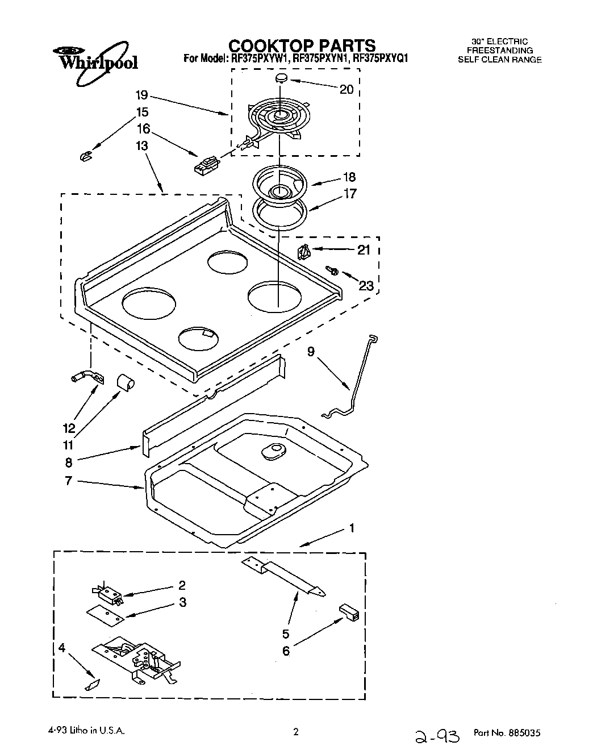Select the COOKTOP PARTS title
(x=302, y=45)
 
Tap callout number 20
(x=346, y=89)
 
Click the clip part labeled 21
(x=303, y=250)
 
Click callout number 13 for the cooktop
(x=141, y=146)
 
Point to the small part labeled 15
(x=86, y=156)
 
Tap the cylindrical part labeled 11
(x=127, y=384)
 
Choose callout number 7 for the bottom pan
(x=68, y=481)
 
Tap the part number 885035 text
(x=507, y=734)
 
